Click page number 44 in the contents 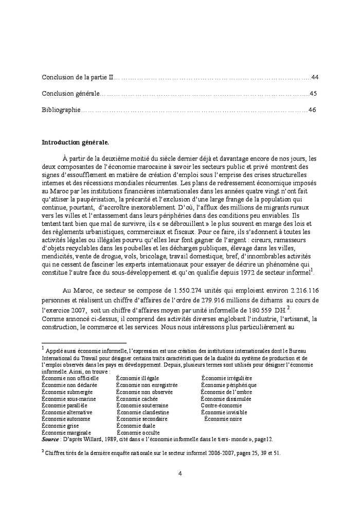(315, 77)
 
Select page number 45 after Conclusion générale (313, 94)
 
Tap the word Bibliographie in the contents (61, 110)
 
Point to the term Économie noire (223, 419)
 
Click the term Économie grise (60, 426)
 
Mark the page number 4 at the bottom (180, 474)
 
